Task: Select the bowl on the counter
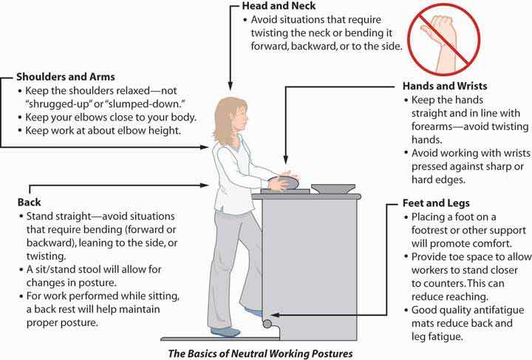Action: click(x=332, y=187)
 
